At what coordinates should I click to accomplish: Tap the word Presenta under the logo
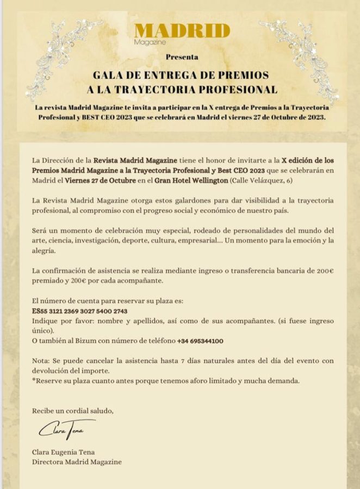[182, 57]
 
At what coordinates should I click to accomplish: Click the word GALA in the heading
[108, 74]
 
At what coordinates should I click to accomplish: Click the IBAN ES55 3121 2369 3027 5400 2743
[80, 311]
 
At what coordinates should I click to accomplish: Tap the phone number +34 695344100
[201, 341]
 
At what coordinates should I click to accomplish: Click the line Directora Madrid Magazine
[77, 462]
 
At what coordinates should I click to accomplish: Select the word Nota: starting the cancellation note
[42, 361]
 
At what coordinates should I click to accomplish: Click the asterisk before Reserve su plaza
[34, 380]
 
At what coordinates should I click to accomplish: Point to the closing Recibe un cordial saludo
[73, 410]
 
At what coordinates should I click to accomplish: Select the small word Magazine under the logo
[150, 41]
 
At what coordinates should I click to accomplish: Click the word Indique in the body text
[46, 321]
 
